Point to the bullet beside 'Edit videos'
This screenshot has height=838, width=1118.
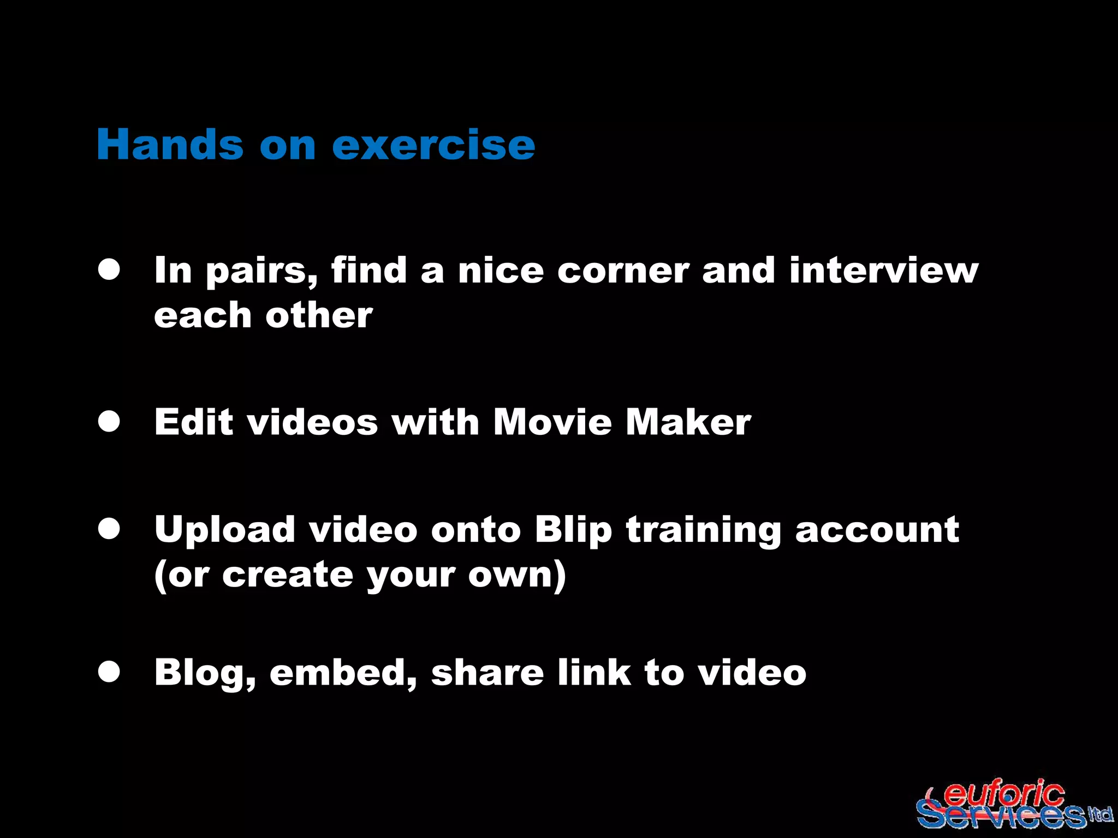(x=109, y=422)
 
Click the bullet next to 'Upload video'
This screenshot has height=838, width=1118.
(x=109, y=529)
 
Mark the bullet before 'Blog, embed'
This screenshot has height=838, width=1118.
(x=109, y=672)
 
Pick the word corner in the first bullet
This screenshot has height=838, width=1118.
(x=623, y=271)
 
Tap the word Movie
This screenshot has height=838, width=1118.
(x=552, y=422)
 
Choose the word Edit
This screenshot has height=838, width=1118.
(x=194, y=422)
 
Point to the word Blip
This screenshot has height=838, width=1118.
(x=573, y=530)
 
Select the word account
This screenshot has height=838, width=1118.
(x=877, y=530)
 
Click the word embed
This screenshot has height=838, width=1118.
(x=343, y=672)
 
